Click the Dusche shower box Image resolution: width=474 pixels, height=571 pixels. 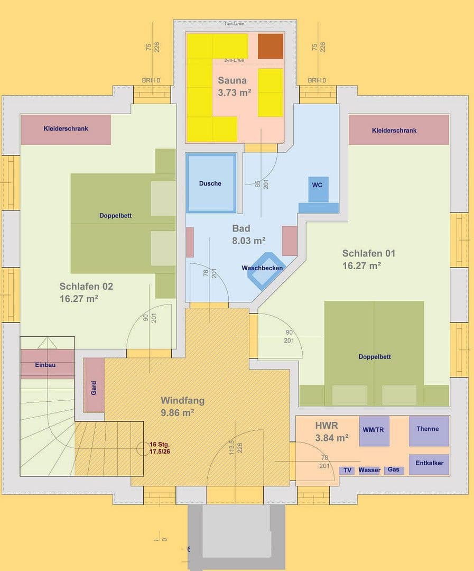[210, 183]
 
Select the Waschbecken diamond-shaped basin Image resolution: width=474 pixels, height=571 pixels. [267, 270]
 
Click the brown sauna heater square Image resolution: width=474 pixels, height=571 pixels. [270, 46]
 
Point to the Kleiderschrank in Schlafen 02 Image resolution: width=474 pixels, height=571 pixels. [66, 129]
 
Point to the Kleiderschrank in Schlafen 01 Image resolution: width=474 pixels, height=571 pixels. [398, 130]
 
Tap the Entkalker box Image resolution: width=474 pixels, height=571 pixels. [429, 464]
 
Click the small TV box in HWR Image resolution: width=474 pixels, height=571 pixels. [347, 470]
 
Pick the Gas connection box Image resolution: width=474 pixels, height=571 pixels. [394, 469]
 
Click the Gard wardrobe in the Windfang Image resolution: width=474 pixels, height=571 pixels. [94, 385]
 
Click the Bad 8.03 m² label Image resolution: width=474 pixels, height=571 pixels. [248, 234]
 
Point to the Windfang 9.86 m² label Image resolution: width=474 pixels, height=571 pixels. [182, 406]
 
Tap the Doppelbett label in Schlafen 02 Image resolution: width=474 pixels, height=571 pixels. [115, 216]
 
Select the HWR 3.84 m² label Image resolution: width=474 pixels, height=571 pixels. [331, 431]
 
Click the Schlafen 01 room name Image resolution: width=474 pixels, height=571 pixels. [368, 253]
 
